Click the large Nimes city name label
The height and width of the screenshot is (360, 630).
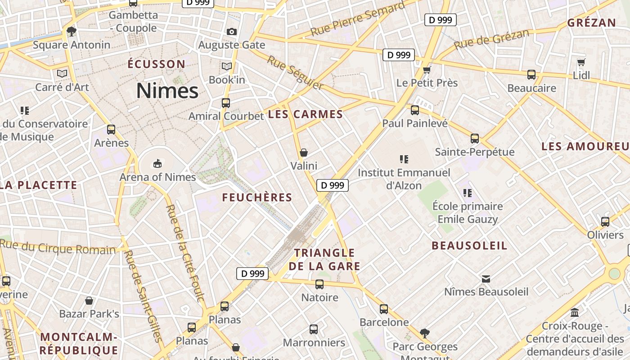pyautogui.click(x=167, y=91)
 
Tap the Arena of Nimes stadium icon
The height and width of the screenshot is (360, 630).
pyautogui.click(x=157, y=163)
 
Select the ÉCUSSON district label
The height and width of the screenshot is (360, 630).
pyautogui.click(x=156, y=64)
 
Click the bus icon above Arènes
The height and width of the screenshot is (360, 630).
pyautogui.click(x=111, y=130)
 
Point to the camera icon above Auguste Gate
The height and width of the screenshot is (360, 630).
pyautogui.click(x=232, y=31)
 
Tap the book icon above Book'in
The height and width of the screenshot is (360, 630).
pyautogui.click(x=227, y=67)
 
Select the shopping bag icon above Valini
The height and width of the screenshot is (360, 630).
pyautogui.click(x=304, y=153)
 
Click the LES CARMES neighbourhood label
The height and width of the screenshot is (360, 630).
pyautogui.click(x=306, y=114)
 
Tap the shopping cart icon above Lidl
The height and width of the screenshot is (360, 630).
pyautogui.click(x=581, y=62)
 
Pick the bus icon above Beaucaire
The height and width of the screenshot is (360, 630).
pyautogui.click(x=531, y=74)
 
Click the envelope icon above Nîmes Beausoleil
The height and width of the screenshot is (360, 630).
pyautogui.click(x=486, y=279)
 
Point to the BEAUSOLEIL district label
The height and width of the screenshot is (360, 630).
pyautogui.click(x=469, y=245)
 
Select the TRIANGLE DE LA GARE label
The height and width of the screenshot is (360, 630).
pyautogui.click(x=324, y=259)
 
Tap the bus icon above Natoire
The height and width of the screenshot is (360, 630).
pyautogui.click(x=319, y=284)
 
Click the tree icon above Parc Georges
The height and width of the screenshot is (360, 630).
pyautogui.click(x=424, y=333)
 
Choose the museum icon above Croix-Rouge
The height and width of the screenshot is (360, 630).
pyautogui.click(x=575, y=312)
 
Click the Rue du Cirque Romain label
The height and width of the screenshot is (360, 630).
pyautogui.click(x=58, y=247)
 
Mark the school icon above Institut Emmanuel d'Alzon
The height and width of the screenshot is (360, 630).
pyautogui.click(x=404, y=159)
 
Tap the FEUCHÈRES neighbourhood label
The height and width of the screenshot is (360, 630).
pyautogui.click(x=257, y=197)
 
